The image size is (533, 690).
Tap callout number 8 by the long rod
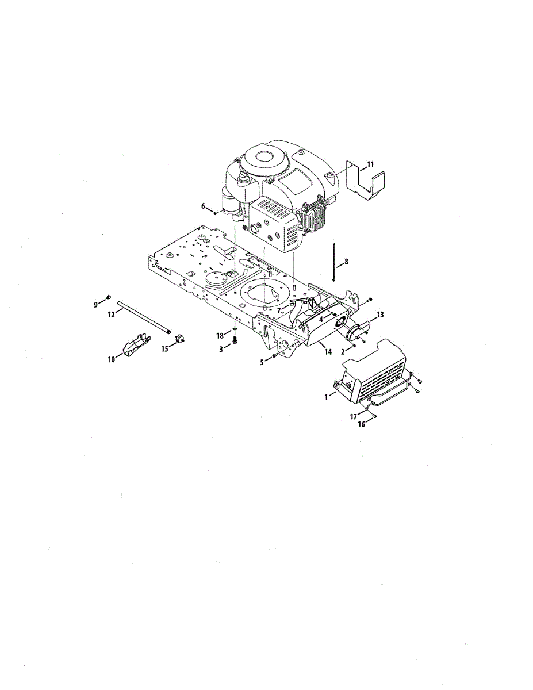click(346, 262)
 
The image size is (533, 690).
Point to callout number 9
click(97, 304)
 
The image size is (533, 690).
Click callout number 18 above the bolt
click(220, 335)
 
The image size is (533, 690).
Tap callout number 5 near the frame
click(263, 361)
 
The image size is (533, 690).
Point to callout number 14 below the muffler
click(328, 351)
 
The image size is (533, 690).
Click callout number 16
click(361, 425)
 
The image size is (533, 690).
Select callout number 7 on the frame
click(279, 310)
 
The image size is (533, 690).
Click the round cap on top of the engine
click(266, 156)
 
